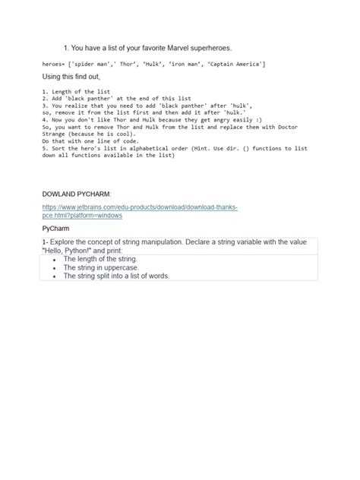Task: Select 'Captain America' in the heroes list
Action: (x=235, y=64)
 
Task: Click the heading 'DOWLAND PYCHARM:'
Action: (x=77, y=194)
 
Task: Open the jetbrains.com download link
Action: (x=141, y=207)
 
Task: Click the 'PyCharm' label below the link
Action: (x=56, y=227)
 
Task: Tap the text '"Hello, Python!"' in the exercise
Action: (x=68, y=250)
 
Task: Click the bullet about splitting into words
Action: (x=116, y=276)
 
